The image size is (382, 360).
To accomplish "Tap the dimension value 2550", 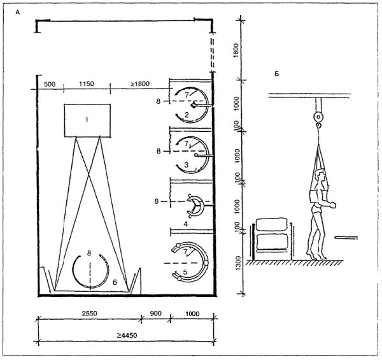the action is (89, 313).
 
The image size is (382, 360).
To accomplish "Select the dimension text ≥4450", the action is (127, 335).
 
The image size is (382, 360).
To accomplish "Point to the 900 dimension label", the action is (155, 313).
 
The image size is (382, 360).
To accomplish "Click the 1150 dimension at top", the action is (87, 83).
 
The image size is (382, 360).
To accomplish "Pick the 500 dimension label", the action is (50, 84).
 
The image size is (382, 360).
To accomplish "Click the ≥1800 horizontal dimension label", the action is (140, 84).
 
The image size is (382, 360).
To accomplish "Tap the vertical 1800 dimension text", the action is (236, 50).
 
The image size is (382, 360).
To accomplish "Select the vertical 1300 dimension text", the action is (238, 263).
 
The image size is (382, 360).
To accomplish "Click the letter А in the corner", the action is (18, 12).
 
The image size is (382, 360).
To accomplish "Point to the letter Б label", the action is (276, 74).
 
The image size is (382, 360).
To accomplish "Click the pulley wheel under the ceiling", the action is (318, 117).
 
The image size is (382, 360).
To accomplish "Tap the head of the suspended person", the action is (320, 176).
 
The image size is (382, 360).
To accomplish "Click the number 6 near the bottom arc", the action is (115, 282).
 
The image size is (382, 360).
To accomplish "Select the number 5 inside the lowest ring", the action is (185, 272).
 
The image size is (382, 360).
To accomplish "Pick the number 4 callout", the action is (186, 224).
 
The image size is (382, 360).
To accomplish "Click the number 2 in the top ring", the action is (187, 115).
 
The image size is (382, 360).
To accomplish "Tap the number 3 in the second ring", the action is (187, 165).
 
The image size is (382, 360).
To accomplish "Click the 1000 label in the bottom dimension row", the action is (192, 313).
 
